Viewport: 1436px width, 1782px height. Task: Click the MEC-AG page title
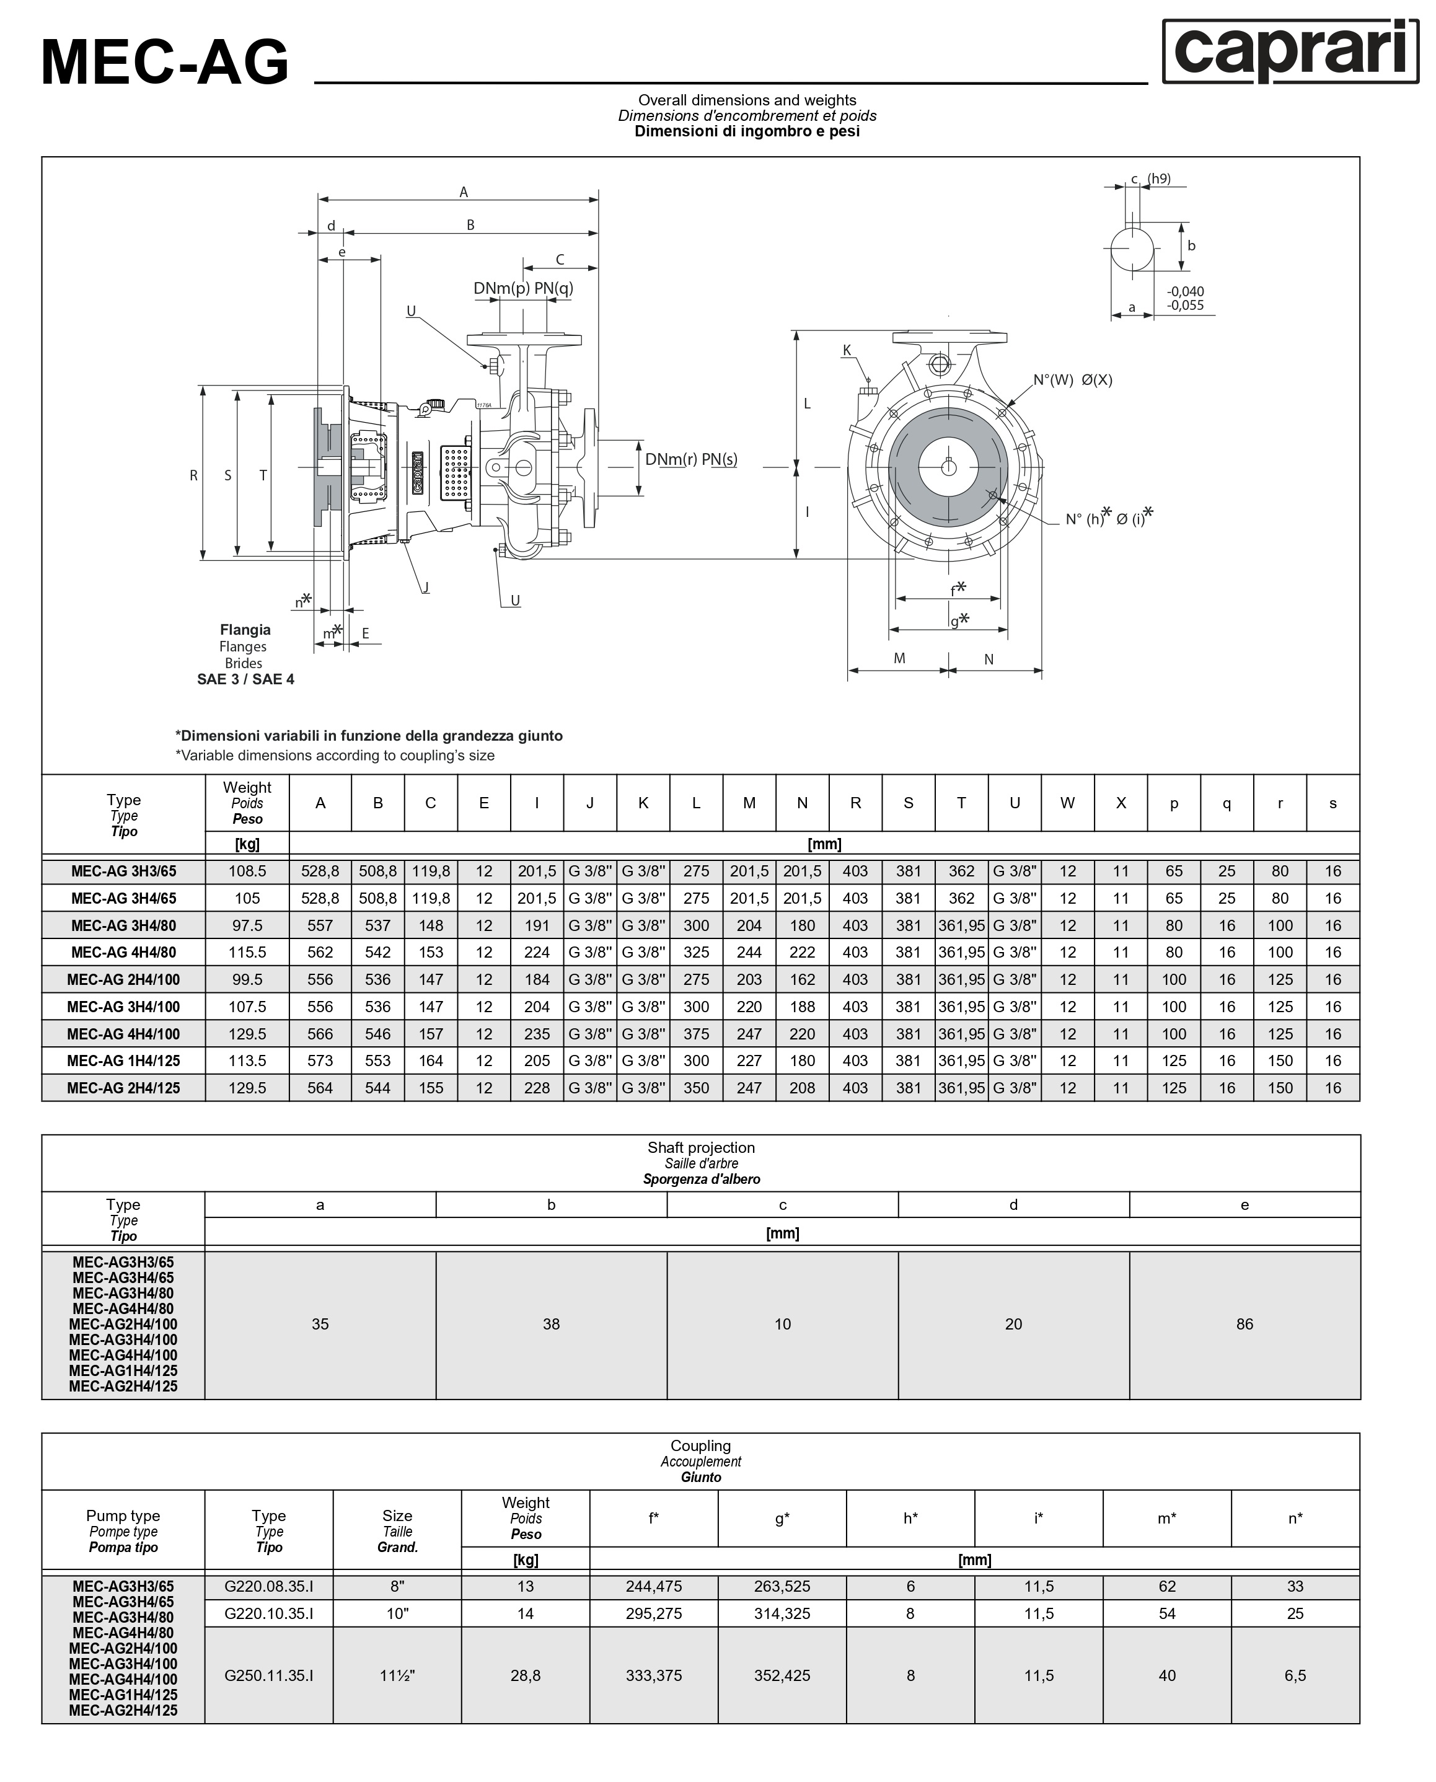[x=165, y=62]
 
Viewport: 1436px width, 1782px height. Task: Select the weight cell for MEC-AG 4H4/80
[x=247, y=952]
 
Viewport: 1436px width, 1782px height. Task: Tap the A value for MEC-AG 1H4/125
[x=320, y=1061]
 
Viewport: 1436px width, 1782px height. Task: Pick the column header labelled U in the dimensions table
[x=1014, y=803]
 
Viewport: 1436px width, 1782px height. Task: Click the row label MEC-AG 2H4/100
[x=123, y=979]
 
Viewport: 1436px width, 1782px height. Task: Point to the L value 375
[x=695, y=1034]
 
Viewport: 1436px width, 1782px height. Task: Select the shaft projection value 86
[x=1244, y=1324]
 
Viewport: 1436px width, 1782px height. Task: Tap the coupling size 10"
[x=397, y=1613]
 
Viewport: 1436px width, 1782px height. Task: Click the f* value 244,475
[x=653, y=1586]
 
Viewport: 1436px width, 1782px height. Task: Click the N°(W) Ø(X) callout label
[x=1072, y=380]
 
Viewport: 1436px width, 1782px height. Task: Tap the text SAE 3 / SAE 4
[x=245, y=679]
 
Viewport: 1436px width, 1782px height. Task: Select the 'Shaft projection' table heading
[x=700, y=1147]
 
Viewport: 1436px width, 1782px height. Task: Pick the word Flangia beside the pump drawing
[x=245, y=630]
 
